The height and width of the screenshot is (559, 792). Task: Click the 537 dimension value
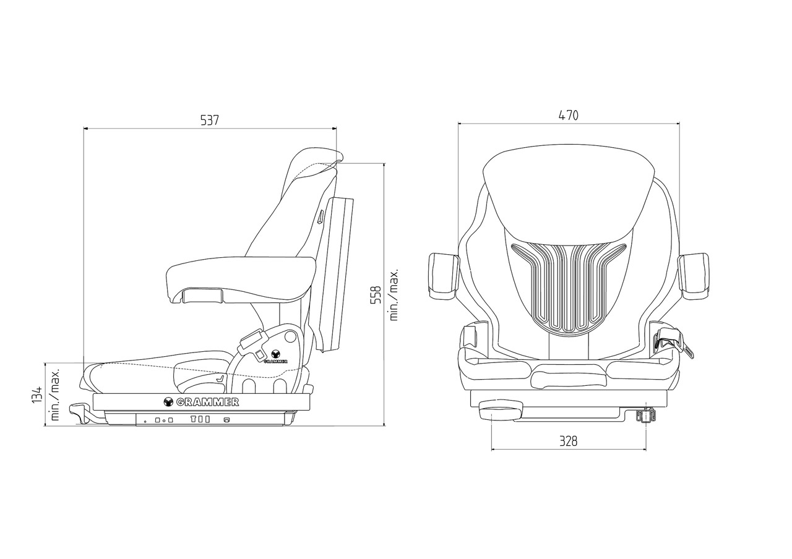(x=210, y=121)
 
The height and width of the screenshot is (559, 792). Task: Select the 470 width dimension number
(x=569, y=116)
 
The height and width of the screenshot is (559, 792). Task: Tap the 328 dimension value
(x=568, y=441)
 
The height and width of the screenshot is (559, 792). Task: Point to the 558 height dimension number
(x=376, y=295)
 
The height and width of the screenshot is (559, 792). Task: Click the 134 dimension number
(x=37, y=395)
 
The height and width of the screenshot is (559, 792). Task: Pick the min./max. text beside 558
(x=394, y=294)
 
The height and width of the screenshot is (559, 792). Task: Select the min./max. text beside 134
(x=55, y=395)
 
